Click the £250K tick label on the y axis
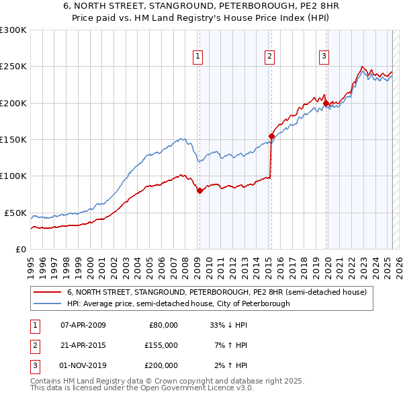tap(13, 67)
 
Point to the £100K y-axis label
tap(13, 176)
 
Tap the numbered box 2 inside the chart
tap(269, 57)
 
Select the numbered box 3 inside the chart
tap(324, 57)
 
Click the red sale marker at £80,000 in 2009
tap(199, 190)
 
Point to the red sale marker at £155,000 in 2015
tap(271, 136)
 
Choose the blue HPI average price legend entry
tap(178, 303)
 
